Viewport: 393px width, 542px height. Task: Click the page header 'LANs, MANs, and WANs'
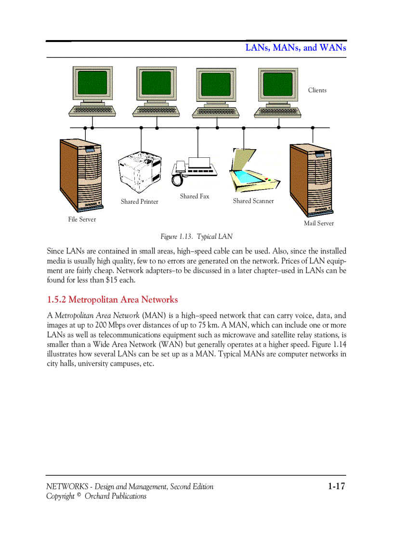tap(296, 48)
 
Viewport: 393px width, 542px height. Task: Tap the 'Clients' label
tap(317, 90)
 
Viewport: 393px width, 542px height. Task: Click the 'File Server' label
tap(82, 220)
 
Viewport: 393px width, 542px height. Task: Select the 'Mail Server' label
tap(318, 223)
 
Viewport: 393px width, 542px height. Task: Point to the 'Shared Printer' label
tap(139, 202)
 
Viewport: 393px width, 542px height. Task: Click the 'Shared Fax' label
tap(195, 196)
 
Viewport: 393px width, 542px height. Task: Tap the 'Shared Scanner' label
tap(253, 201)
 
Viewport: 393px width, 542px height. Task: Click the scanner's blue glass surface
tap(248, 177)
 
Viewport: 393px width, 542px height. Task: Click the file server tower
tap(80, 176)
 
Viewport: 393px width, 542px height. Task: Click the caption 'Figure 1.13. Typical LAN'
tap(196, 237)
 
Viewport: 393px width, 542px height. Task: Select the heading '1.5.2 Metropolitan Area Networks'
tap(112, 300)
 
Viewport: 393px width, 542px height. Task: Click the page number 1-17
tap(336, 486)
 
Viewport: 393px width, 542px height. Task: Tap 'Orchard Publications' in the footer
tap(116, 496)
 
